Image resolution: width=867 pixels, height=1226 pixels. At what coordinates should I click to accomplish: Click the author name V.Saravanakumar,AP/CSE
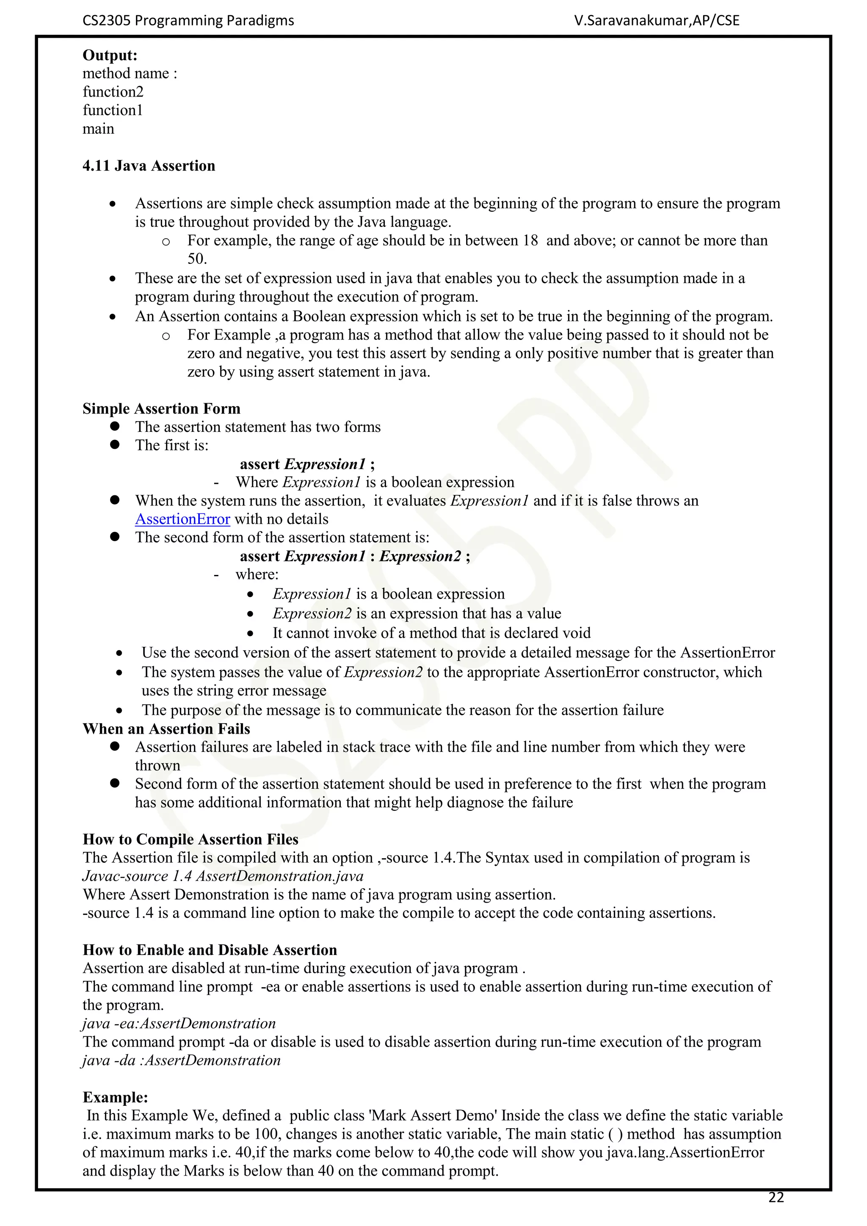click(x=656, y=21)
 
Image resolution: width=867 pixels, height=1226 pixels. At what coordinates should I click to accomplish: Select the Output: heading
click(x=110, y=55)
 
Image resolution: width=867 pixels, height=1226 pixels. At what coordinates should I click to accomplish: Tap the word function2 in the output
click(x=113, y=92)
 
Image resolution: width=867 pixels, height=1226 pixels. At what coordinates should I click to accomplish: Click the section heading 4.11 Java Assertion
click(x=149, y=166)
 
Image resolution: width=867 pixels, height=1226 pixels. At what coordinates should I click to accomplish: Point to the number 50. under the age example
click(x=197, y=259)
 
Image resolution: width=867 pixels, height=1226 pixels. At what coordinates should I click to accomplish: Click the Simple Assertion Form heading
click(x=161, y=409)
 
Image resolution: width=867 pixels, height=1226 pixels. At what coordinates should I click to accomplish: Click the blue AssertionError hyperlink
click(x=182, y=519)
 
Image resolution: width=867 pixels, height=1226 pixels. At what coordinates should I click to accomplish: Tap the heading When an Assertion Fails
click(x=166, y=729)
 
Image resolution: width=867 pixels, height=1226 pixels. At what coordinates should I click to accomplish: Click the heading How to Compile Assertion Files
click(x=190, y=839)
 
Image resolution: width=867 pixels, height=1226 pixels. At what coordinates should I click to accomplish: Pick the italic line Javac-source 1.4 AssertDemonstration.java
click(x=223, y=876)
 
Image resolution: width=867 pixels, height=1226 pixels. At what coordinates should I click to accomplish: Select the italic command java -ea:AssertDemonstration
click(x=179, y=1024)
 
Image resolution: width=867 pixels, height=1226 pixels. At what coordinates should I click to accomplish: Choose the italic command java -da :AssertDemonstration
click(x=182, y=1060)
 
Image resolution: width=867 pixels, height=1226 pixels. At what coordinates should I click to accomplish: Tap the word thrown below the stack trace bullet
click(x=157, y=766)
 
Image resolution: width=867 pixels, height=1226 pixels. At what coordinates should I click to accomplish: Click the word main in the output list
click(x=98, y=129)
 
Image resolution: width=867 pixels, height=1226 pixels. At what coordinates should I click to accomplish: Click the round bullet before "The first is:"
click(x=115, y=445)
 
